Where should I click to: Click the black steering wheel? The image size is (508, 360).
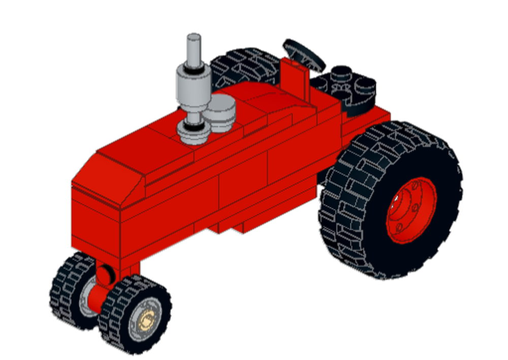(x=304, y=53)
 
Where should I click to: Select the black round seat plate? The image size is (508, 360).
(x=351, y=92)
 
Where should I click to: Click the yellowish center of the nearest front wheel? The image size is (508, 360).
(x=147, y=319)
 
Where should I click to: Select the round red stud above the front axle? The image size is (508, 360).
(x=105, y=275)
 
